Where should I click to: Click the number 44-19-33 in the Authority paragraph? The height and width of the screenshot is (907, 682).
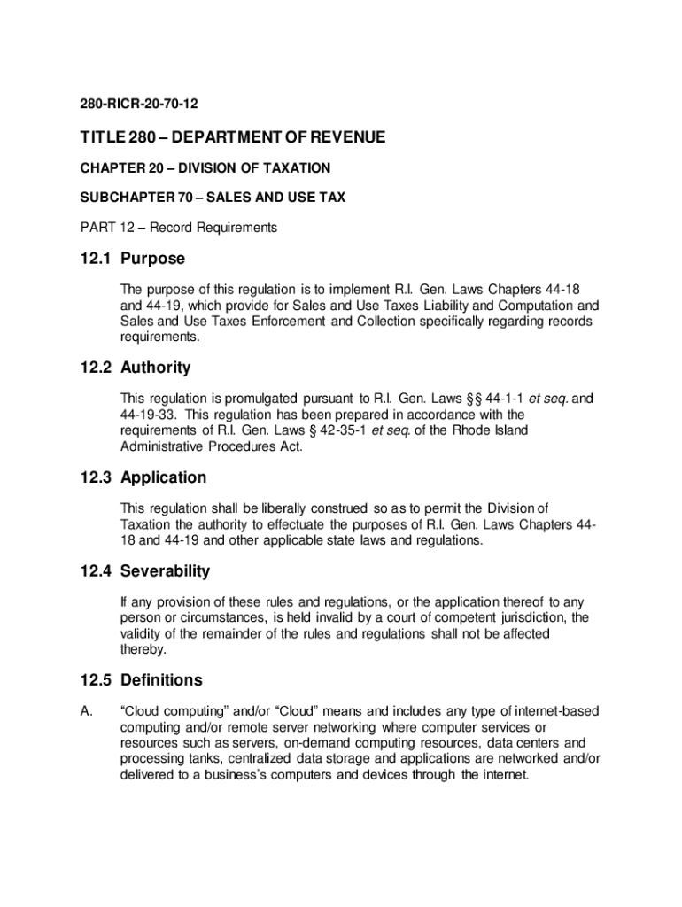(150, 415)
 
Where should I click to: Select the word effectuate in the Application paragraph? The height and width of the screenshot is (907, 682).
(298, 524)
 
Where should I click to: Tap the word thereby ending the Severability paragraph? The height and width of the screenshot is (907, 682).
(143, 649)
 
